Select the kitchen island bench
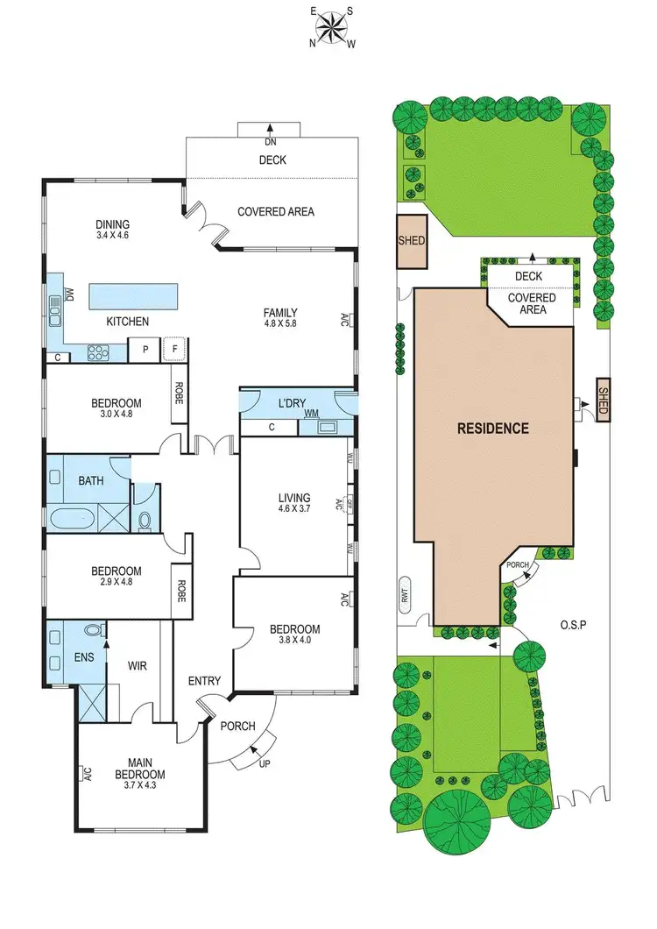131,293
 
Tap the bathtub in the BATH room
72,519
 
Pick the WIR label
137,666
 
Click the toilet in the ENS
93,629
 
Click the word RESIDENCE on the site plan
492,429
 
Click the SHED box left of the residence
411,241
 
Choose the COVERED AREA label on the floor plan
276,211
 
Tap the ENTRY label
205,681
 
